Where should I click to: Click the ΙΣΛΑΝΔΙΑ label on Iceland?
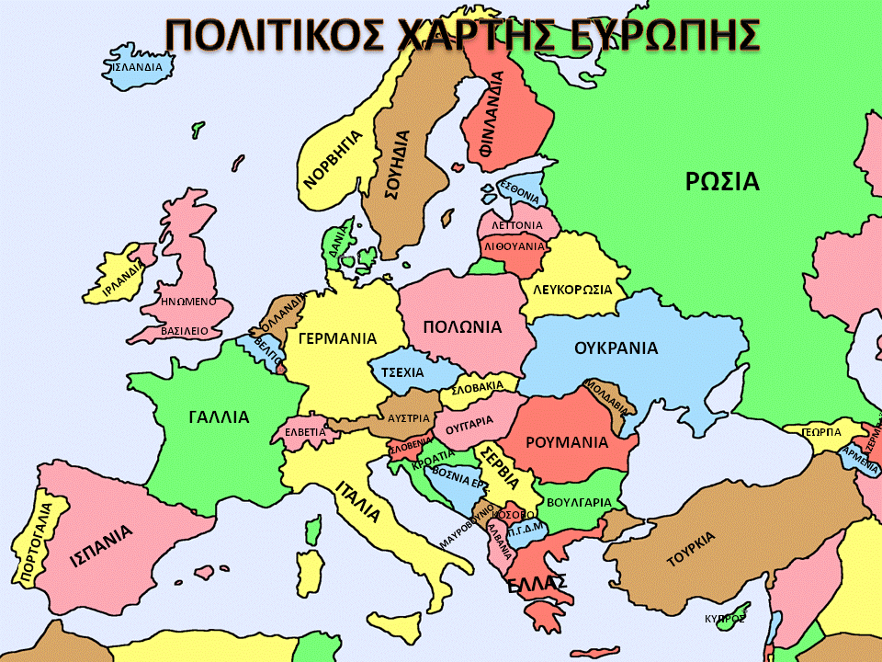click(136, 67)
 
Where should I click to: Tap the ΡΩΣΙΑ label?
click(722, 181)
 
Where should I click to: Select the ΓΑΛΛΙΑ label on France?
click(219, 417)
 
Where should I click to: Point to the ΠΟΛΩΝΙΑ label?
click(462, 326)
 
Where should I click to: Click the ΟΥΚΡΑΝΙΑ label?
click(616, 348)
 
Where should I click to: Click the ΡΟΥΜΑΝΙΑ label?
click(567, 442)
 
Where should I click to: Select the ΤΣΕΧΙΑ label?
click(402, 372)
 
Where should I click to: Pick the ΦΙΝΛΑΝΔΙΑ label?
click(498, 115)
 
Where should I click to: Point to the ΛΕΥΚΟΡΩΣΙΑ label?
click(572, 289)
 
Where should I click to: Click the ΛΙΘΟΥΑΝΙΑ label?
click(514, 246)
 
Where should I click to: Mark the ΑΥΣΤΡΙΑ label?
click(409, 417)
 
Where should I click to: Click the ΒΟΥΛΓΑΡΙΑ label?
click(579, 503)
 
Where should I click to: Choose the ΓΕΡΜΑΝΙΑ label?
click(337, 337)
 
